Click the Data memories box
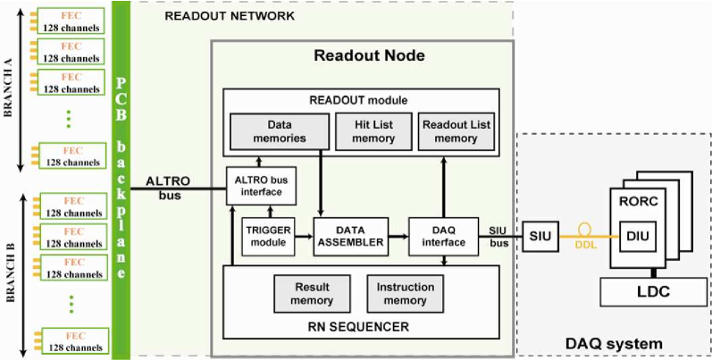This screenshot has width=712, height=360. tap(280, 131)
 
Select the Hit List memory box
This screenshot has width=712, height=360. tap(373, 131)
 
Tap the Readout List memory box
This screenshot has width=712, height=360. tap(457, 131)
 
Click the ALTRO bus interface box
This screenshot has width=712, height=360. tap(261, 186)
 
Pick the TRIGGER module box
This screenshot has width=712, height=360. tap(268, 236)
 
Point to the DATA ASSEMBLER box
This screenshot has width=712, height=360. tap(350, 236)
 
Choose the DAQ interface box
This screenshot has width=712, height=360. tap(444, 236)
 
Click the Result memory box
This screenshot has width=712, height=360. tap(312, 294)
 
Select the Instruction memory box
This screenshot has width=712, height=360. tap(405, 294)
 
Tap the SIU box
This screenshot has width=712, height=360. tap(540, 236)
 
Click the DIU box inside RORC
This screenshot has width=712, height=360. tap(638, 236)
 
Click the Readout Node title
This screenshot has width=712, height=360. tap(369, 55)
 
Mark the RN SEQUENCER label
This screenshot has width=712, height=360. tap(361, 326)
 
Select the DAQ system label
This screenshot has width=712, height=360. tap(614, 344)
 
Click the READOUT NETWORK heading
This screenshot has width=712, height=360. tap(230, 17)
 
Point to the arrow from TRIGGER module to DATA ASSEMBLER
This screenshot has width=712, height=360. tap(305, 236)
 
